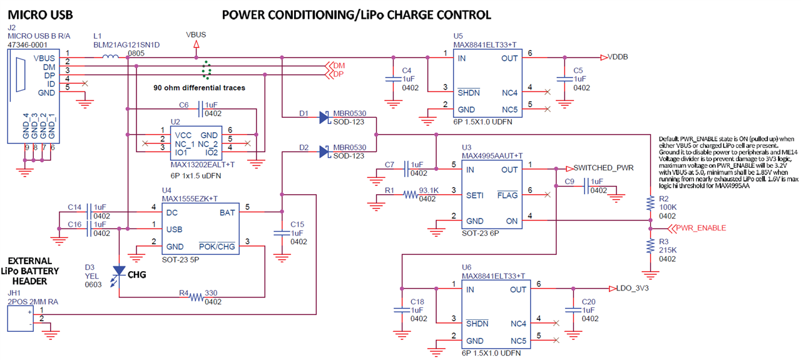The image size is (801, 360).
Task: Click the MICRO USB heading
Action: tap(37, 14)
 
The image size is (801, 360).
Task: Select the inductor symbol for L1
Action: tap(111, 58)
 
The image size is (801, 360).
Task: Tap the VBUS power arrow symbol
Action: tap(196, 44)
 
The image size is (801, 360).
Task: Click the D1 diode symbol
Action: tap(324, 117)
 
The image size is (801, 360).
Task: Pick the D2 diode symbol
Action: tap(324, 152)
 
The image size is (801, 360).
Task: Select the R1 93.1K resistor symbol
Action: tap(410, 195)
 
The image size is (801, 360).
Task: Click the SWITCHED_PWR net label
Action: tap(604, 168)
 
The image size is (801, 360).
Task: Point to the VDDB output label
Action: tap(617, 57)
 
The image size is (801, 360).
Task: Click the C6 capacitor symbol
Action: tap(200, 109)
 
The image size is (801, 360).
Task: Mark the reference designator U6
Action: tap(467, 267)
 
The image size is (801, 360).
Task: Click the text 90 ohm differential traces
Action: tap(199, 88)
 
